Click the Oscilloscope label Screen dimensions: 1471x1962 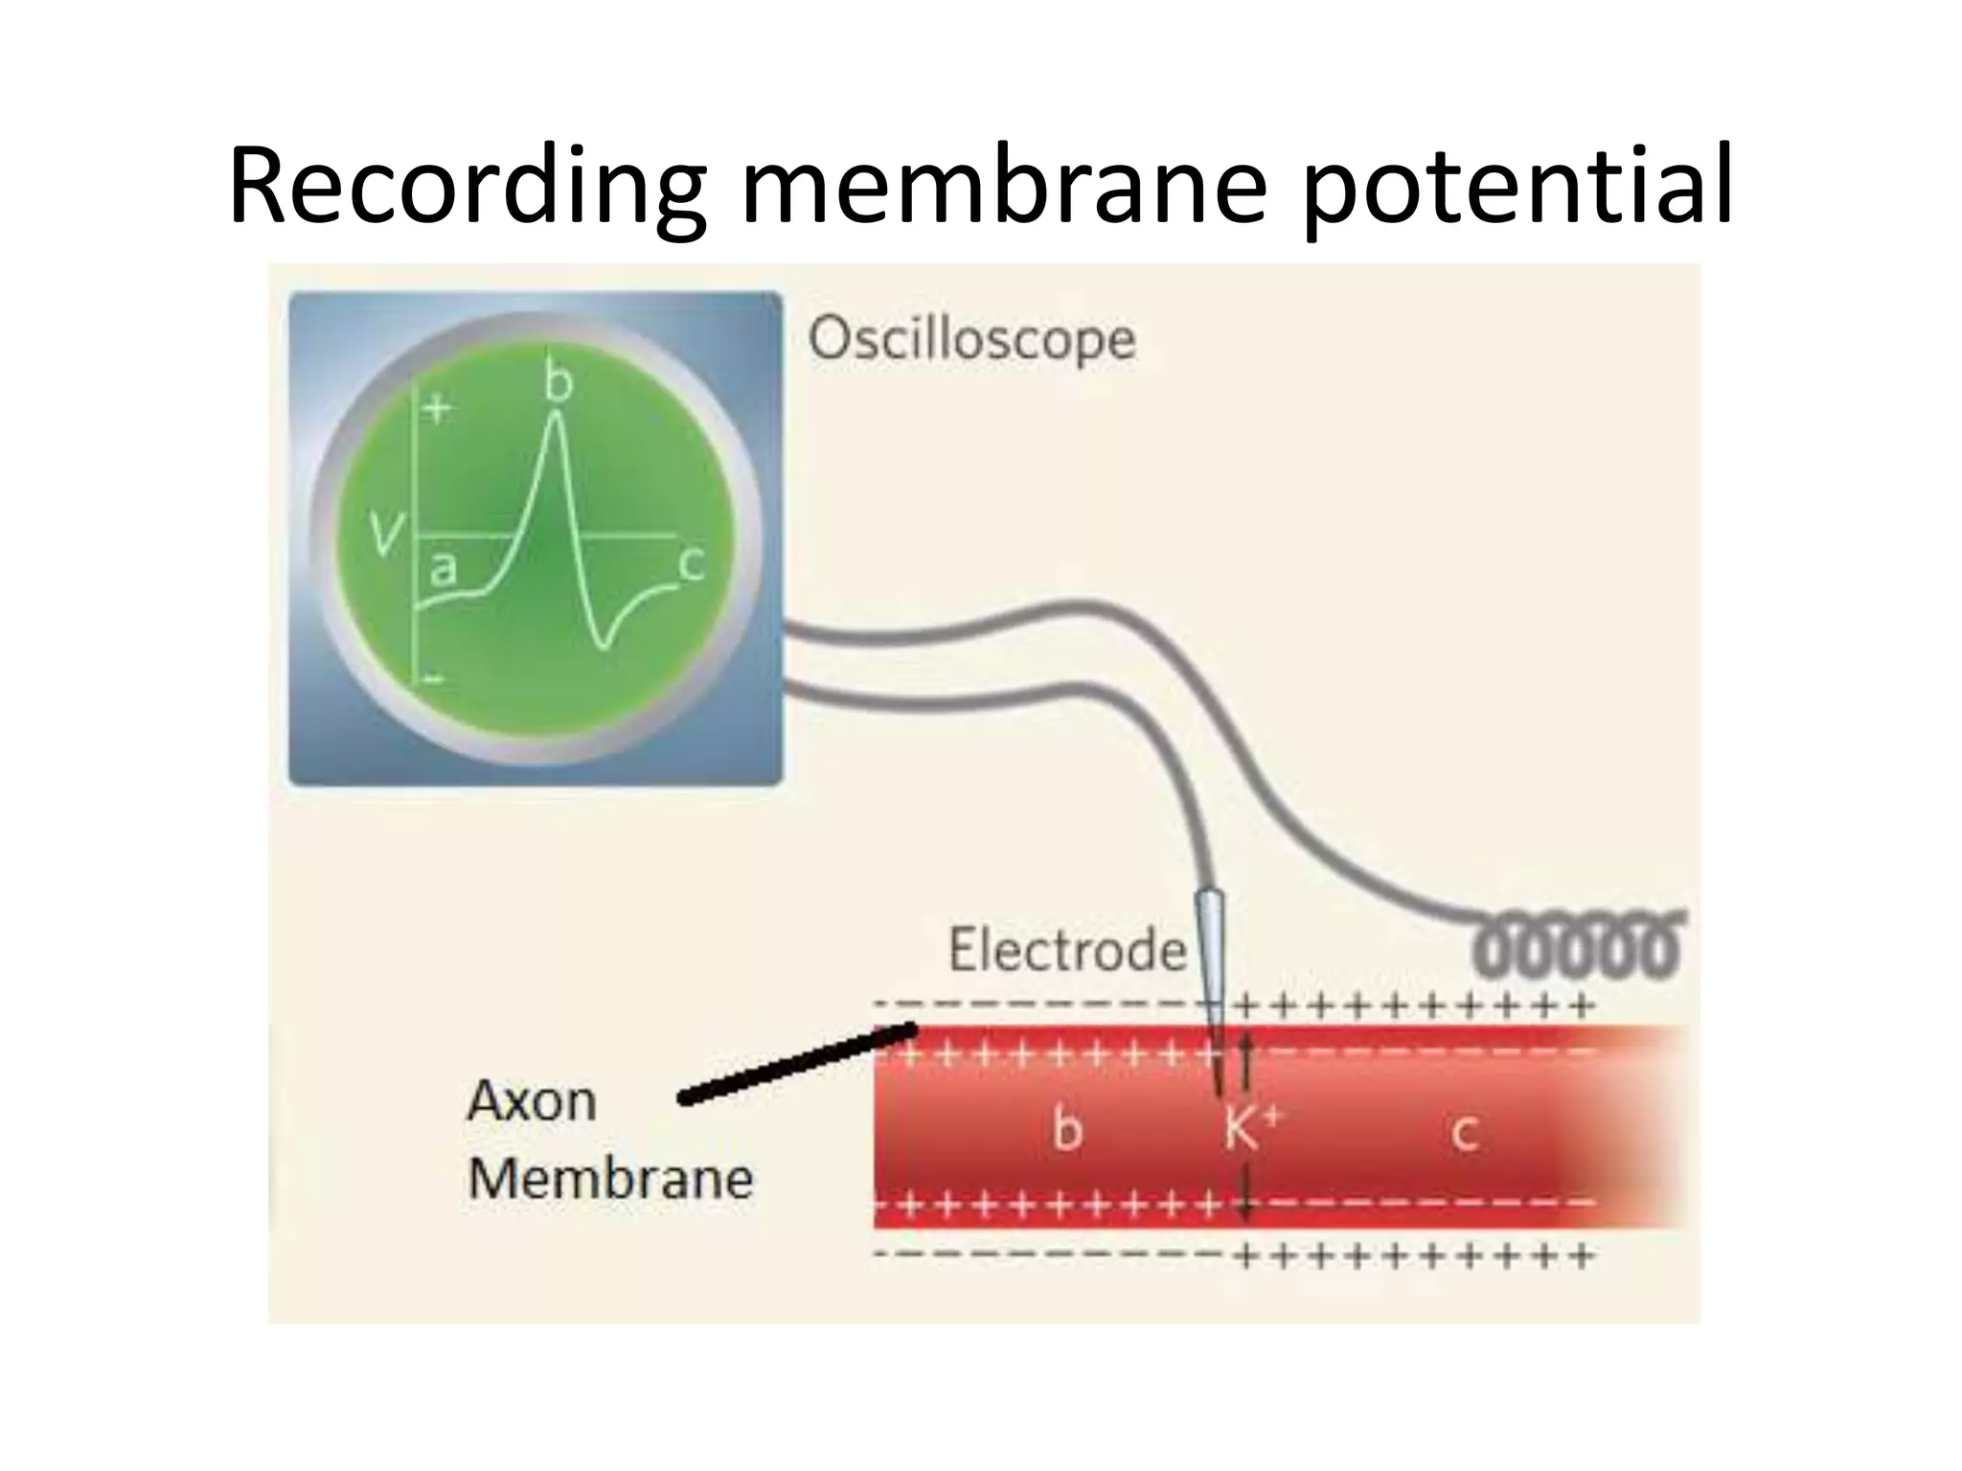971,339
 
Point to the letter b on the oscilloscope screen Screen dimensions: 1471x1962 558,382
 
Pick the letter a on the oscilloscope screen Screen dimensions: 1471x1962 442,569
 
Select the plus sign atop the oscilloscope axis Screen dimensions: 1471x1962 438,410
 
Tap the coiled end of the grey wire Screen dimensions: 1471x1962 1577,947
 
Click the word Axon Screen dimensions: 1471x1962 532,1101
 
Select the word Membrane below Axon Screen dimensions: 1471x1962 610,1179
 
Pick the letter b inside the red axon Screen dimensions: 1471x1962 1067,1129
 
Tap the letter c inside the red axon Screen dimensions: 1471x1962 1463,1133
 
